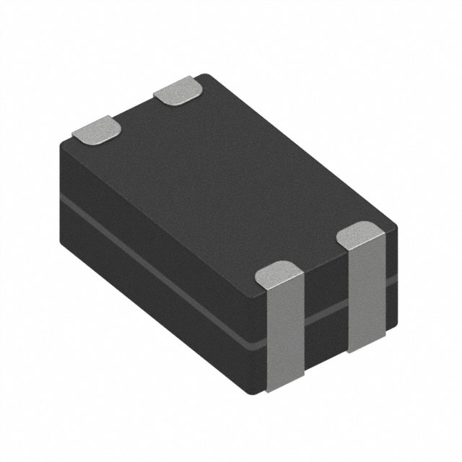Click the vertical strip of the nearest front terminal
(283, 332)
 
